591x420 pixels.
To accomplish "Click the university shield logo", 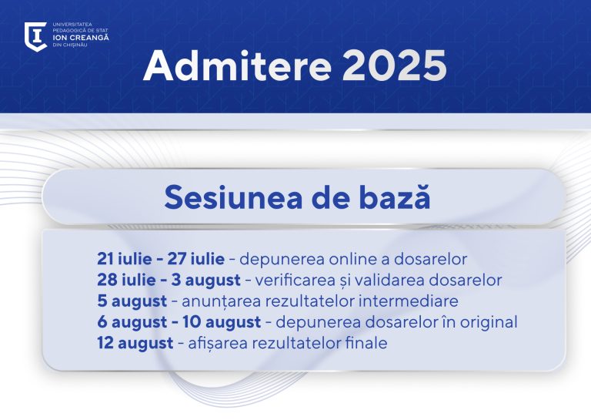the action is [36, 36].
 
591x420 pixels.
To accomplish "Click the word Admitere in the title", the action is [238, 66].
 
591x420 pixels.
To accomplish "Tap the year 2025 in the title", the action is [395, 66].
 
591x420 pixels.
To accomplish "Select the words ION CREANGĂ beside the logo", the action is [81, 38].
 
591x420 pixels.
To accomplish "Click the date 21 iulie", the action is [125, 259].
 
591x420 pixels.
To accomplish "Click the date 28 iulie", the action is [126, 280].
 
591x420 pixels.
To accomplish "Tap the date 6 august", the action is [132, 323].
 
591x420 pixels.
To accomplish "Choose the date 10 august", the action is [222, 323].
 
